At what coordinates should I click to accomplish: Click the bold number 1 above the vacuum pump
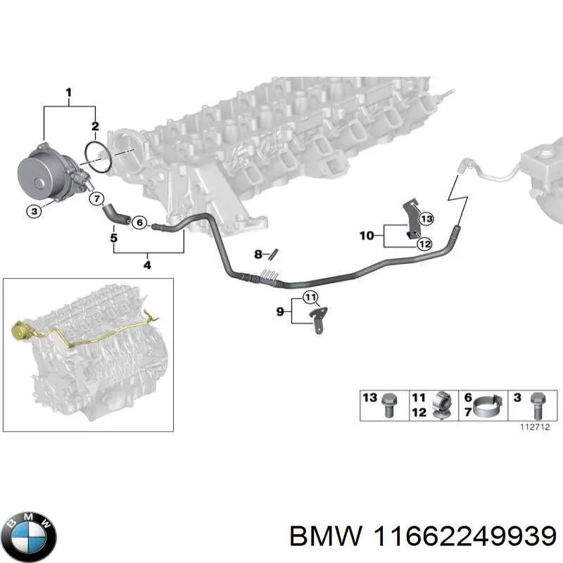point(69,92)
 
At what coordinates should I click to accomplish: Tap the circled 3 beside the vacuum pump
point(32,210)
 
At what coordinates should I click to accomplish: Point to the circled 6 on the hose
point(139,223)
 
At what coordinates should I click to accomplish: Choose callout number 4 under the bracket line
point(147,265)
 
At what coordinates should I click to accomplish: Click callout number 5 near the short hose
point(113,238)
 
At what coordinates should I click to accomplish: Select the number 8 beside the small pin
point(258,253)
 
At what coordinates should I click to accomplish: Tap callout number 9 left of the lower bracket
point(280,310)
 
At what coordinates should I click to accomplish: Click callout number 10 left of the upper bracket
point(367,235)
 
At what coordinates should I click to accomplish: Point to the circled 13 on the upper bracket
point(426,219)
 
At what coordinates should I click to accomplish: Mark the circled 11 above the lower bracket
point(310,296)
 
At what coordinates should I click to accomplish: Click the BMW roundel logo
point(28,535)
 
